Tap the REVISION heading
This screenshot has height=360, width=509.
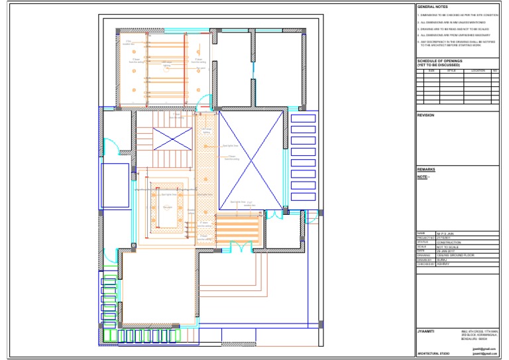tap(425, 115)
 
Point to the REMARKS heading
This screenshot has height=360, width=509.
tap(425, 170)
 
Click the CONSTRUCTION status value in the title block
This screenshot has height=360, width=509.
tap(449, 243)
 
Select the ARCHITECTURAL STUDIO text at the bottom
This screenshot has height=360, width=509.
tap(433, 354)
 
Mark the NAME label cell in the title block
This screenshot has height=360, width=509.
tap(421, 234)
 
